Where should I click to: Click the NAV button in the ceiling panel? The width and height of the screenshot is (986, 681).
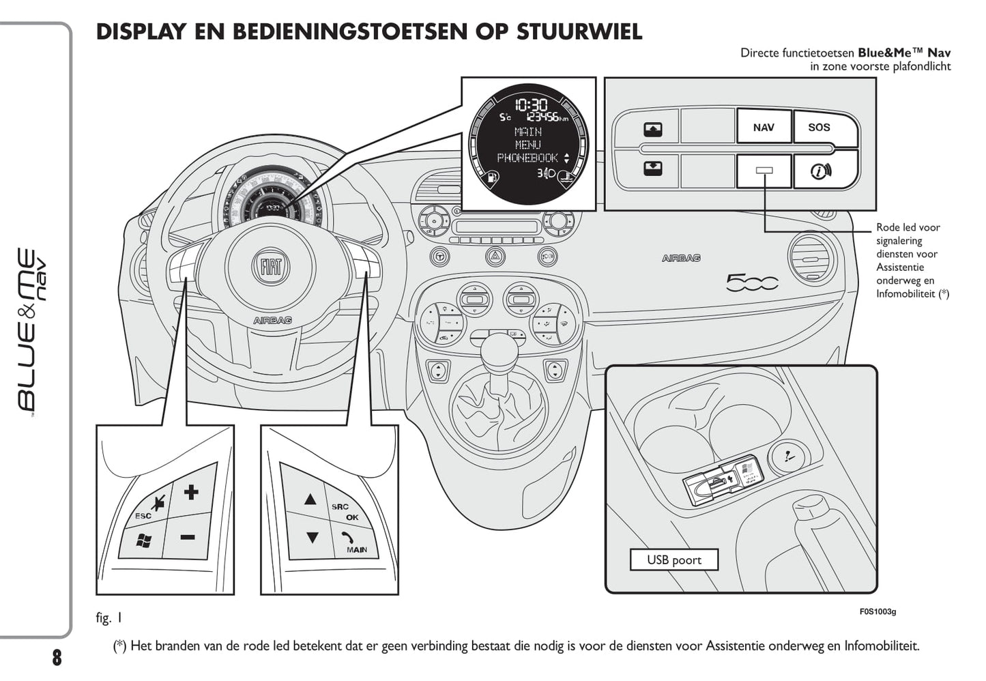pyautogui.click(x=764, y=128)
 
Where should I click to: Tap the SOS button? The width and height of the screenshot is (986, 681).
pyautogui.click(x=819, y=128)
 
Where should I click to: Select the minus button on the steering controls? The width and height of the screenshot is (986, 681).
pyautogui.click(x=188, y=537)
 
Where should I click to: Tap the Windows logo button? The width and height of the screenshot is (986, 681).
pyautogui.click(x=143, y=541)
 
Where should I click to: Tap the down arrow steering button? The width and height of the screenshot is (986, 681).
pyautogui.click(x=312, y=538)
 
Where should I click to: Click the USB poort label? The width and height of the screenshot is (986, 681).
pyautogui.click(x=673, y=560)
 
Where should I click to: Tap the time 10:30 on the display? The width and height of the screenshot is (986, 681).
pyautogui.click(x=530, y=104)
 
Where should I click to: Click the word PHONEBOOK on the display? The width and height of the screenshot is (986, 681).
pyautogui.click(x=527, y=158)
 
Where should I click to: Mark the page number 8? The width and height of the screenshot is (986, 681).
pyautogui.click(x=57, y=657)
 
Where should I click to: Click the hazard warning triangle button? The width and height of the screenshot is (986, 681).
pyautogui.click(x=493, y=257)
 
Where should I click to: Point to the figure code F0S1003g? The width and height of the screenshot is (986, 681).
pyautogui.click(x=878, y=611)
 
